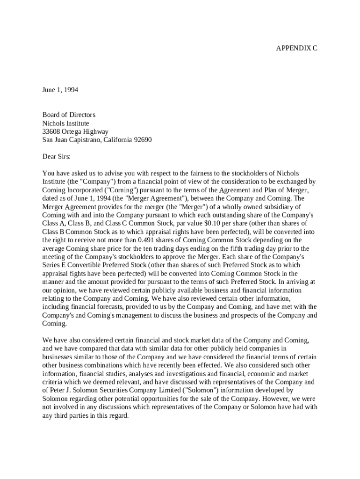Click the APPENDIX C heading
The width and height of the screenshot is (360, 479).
(296, 48)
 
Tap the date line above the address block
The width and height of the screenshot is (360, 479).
(60, 90)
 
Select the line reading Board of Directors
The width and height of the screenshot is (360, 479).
(69, 115)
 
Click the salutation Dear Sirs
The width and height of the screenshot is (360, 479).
(57, 157)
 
